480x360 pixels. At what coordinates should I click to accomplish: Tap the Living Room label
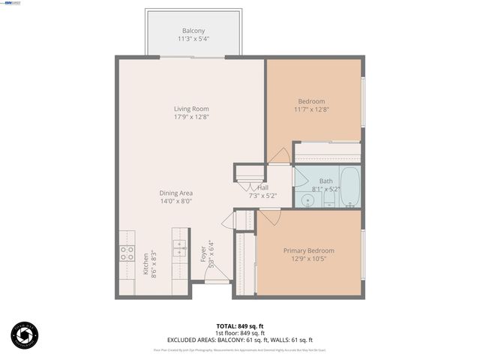(192, 109)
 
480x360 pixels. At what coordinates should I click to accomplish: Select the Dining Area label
(176, 193)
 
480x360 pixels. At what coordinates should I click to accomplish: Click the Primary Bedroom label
(308, 250)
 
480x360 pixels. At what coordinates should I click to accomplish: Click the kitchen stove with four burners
(126, 252)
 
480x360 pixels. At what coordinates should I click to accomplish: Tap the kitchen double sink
(180, 247)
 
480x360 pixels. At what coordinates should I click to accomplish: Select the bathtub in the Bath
(349, 187)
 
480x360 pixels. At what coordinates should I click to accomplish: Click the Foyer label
(202, 255)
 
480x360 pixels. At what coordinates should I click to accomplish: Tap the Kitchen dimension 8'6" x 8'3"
(153, 264)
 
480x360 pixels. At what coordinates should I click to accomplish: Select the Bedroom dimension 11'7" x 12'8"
(311, 109)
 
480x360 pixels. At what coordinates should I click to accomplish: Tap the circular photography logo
(24, 335)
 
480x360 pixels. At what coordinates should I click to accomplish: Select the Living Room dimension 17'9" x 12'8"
(192, 117)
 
